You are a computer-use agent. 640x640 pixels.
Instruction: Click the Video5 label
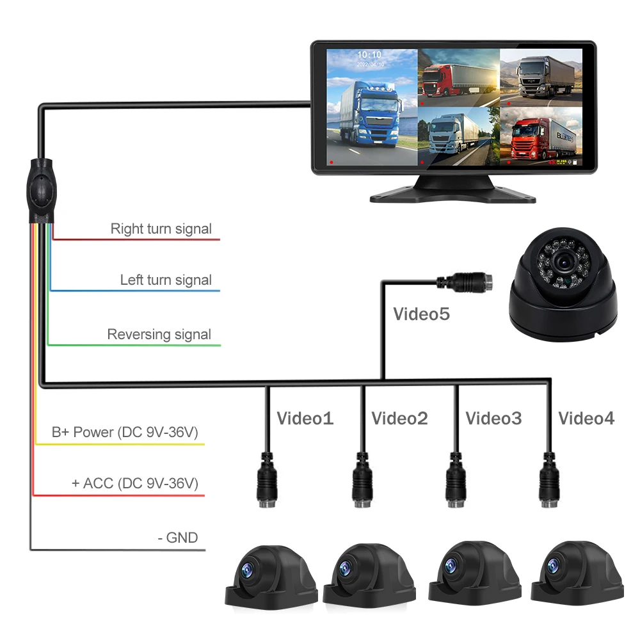click(x=421, y=314)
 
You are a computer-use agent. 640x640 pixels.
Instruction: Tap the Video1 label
click(x=305, y=419)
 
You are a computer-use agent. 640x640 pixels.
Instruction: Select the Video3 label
click(x=493, y=419)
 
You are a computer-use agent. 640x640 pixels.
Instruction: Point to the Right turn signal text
click(x=161, y=228)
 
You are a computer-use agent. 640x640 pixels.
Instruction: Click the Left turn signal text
click(x=166, y=280)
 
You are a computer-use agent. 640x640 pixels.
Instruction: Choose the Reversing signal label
click(x=159, y=334)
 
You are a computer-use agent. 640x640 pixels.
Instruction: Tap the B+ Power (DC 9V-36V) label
click(x=125, y=432)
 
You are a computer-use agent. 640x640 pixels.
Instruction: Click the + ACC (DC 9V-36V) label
click(x=134, y=483)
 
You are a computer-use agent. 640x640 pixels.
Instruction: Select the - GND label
click(x=177, y=538)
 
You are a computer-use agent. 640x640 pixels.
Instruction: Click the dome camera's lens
click(x=563, y=262)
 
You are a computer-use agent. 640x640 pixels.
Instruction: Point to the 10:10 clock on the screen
click(x=369, y=55)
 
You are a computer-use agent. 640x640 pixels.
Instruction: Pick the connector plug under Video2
click(x=362, y=480)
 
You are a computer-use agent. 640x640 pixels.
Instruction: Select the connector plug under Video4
click(x=548, y=480)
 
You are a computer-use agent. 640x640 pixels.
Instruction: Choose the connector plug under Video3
click(x=455, y=480)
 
